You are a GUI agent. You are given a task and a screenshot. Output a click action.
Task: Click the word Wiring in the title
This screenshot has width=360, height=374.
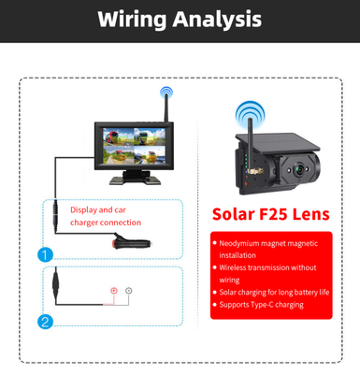(x=136, y=20)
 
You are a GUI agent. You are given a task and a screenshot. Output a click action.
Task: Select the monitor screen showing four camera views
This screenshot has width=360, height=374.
(x=127, y=144)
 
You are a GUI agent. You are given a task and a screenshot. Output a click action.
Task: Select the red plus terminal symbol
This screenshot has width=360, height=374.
(x=114, y=291)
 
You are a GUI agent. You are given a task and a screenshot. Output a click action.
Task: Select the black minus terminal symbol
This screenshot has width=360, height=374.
(x=129, y=291)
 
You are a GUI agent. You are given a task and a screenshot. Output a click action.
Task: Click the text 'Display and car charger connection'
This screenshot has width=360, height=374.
(x=106, y=216)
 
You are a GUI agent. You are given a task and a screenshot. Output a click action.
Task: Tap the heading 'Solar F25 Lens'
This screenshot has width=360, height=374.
(x=270, y=214)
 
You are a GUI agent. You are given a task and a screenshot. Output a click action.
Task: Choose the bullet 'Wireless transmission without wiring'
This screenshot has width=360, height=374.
(x=267, y=273)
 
